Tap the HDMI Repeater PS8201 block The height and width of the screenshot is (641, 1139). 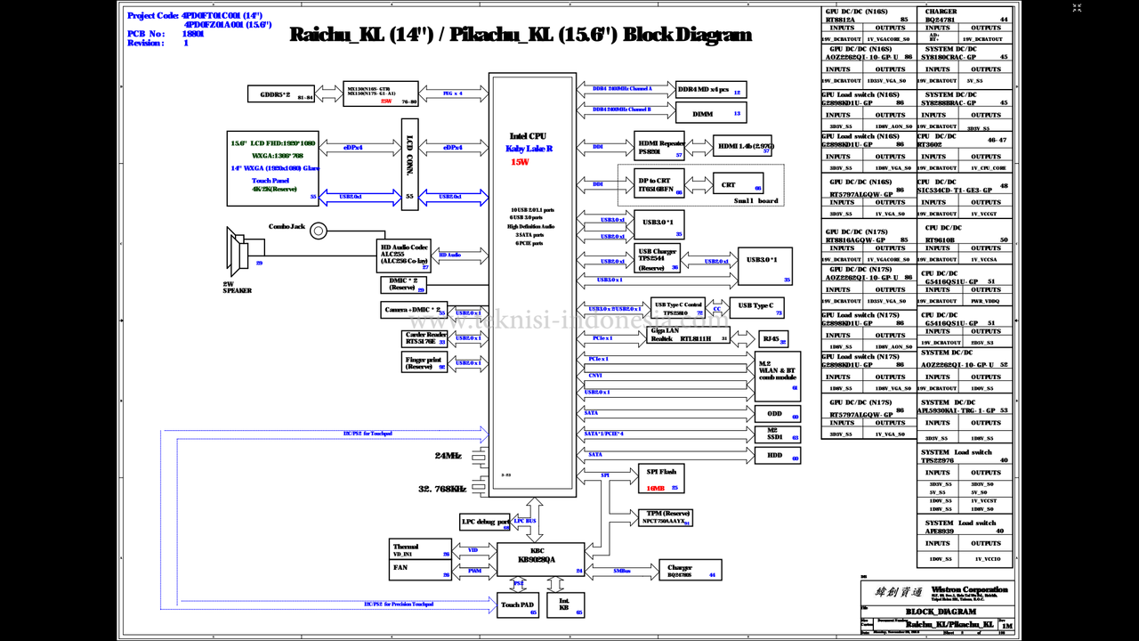coord(659,147)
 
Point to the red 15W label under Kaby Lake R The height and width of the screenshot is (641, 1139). coord(520,162)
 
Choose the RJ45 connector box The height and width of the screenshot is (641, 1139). coord(771,339)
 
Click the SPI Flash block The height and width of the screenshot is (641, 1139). coord(661,478)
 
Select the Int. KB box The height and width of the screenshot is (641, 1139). coord(565,605)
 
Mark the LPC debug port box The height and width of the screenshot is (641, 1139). coord(485,522)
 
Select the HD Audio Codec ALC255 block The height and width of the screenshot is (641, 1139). coord(405,256)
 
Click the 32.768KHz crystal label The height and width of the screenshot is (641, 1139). coord(442,489)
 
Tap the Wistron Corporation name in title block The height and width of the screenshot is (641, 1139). coord(969,589)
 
